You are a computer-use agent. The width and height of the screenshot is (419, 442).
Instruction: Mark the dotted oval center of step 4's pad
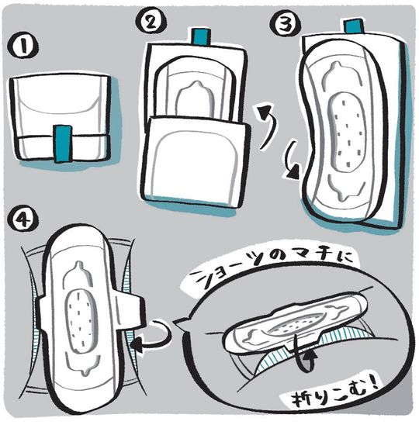click(x=80, y=318)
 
